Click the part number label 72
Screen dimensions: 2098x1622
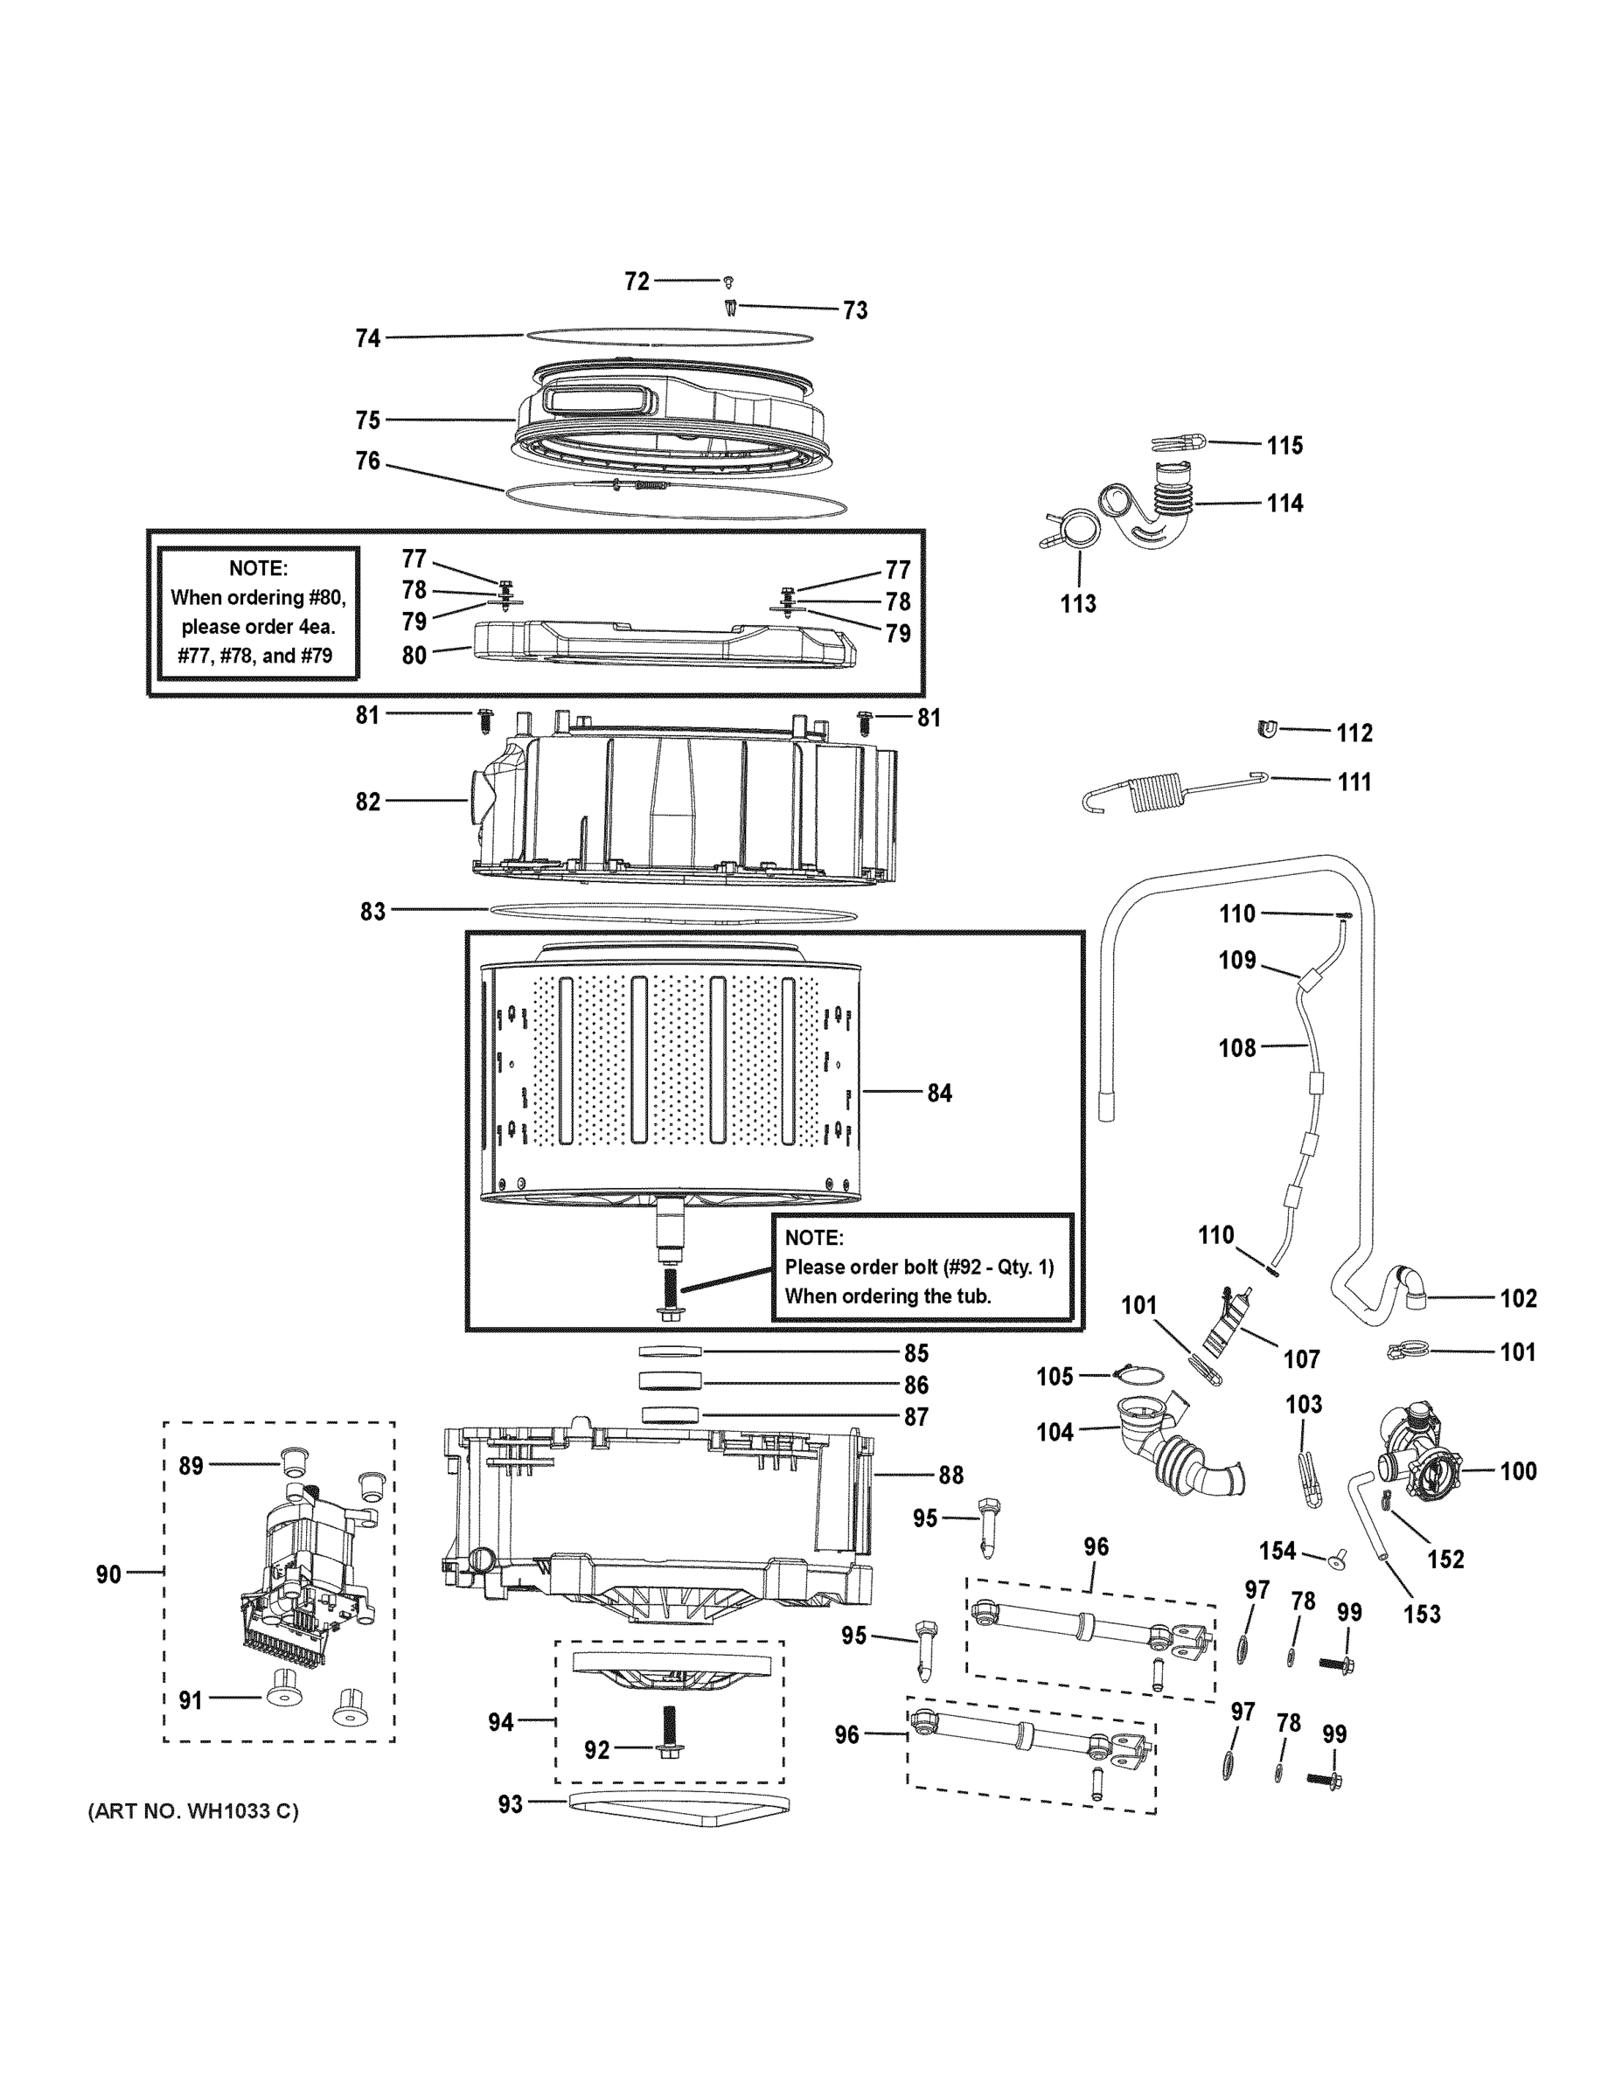tap(636, 281)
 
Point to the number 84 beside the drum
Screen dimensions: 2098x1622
tap(939, 1094)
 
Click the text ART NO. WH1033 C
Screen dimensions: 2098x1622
tap(193, 1812)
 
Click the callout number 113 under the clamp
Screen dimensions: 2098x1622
tap(1078, 603)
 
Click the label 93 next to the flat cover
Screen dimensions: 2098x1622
tap(511, 1805)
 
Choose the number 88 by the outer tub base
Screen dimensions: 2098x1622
tap(951, 1475)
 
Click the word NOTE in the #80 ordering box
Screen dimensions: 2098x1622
tap(258, 567)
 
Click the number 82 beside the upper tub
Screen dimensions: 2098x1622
tap(368, 802)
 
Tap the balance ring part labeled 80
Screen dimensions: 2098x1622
tap(663, 643)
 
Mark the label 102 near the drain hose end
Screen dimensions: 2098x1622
tap(1518, 1299)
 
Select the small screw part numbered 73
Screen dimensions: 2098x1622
tap(731, 309)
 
